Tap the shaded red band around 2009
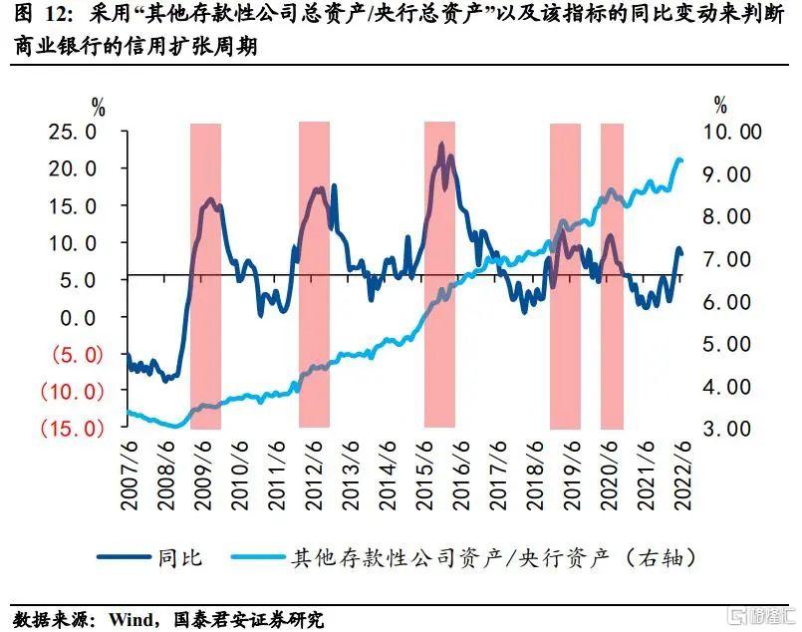coord(205,274)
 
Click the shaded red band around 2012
coord(314,274)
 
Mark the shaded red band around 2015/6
coord(439,274)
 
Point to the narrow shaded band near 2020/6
coord(612,274)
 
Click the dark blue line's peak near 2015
coord(440,146)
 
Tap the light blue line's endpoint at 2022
coord(681,160)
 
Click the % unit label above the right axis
coord(720,105)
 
